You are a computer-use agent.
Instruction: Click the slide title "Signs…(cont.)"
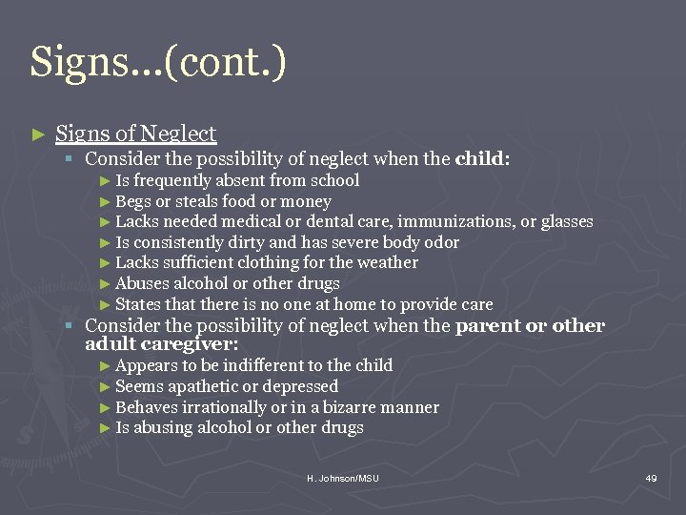(158, 62)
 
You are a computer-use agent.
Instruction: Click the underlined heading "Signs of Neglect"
(136, 134)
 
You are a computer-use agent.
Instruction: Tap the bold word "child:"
(483, 158)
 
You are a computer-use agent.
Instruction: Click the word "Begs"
(132, 201)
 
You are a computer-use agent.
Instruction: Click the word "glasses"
(567, 222)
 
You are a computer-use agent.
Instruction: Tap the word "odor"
(439, 243)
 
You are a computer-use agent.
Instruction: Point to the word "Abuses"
(140, 284)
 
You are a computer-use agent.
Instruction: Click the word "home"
(353, 305)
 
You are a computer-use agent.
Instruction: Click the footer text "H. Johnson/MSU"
(342, 478)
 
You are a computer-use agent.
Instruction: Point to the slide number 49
(651, 478)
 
